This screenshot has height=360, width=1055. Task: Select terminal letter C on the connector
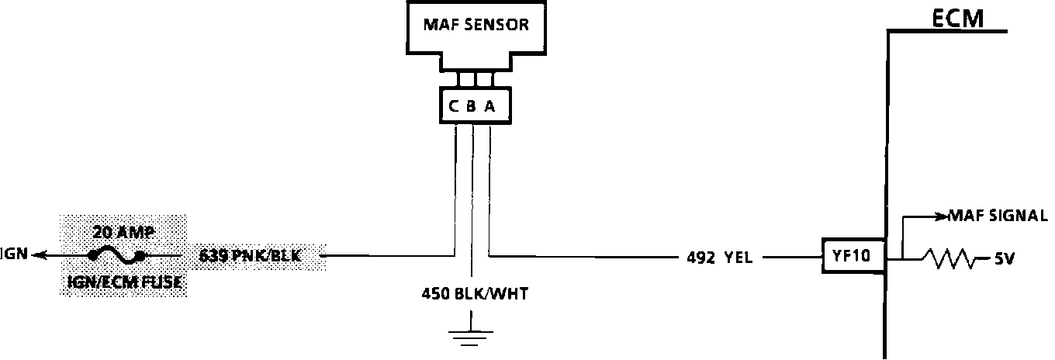pyautogui.click(x=453, y=106)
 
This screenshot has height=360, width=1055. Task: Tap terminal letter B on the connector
pyautogui.click(x=472, y=106)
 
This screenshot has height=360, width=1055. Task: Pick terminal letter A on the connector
pyautogui.click(x=490, y=106)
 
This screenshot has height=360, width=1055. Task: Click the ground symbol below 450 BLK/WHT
pyautogui.click(x=470, y=334)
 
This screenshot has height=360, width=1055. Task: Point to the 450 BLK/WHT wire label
pyautogui.click(x=470, y=294)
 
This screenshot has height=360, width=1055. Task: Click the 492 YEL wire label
pyautogui.click(x=719, y=258)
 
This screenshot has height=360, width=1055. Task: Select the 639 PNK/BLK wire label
pyautogui.click(x=251, y=254)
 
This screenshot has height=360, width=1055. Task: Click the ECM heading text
pyautogui.click(x=957, y=18)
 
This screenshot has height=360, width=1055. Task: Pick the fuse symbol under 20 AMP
pyautogui.click(x=117, y=254)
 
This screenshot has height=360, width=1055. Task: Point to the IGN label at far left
pyautogui.click(x=14, y=254)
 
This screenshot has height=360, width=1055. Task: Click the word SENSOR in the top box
pyautogui.click(x=498, y=24)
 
